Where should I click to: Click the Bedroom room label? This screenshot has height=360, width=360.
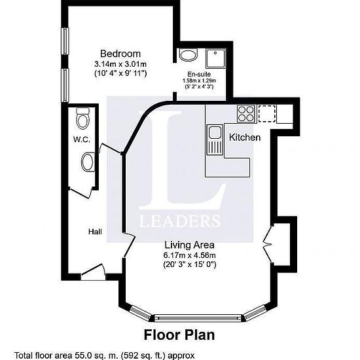click(120, 54)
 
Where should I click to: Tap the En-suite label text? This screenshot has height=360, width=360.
click(199, 74)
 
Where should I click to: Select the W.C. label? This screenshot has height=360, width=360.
click(82, 139)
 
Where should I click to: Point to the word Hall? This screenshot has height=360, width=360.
click(95, 232)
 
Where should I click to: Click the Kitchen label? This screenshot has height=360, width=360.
click(245, 137)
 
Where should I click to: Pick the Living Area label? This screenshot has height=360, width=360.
click(190, 245)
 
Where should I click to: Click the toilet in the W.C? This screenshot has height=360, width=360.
click(83, 118)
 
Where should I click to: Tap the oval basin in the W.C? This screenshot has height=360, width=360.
click(88, 162)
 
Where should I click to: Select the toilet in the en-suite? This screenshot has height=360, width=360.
click(189, 55)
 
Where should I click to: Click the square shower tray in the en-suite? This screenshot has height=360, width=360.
click(215, 58)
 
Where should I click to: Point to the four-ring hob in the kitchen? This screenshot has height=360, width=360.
click(246, 114)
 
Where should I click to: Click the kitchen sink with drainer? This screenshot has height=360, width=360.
click(215, 139)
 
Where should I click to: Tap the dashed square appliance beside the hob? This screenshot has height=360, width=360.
click(267, 113)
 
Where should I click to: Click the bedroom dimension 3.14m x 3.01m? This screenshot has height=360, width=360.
click(120, 63)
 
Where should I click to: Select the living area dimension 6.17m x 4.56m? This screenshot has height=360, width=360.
click(190, 255)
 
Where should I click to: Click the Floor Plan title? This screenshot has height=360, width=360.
click(179, 334)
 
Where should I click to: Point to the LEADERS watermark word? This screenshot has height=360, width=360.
click(180, 221)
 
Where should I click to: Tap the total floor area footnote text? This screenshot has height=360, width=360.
click(105, 355)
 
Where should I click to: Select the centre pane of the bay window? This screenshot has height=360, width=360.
click(198, 318)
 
